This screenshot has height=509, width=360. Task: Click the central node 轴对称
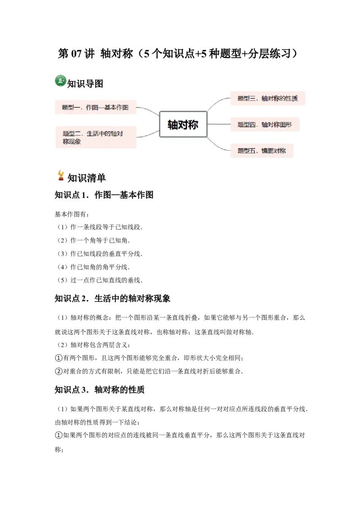click(x=183, y=125)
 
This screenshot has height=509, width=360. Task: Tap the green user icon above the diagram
click(x=61, y=80)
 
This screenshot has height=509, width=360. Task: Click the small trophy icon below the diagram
click(x=61, y=176)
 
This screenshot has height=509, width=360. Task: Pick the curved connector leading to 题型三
click(x=218, y=103)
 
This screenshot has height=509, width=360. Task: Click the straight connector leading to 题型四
click(x=219, y=124)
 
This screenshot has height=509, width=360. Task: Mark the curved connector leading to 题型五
click(x=219, y=145)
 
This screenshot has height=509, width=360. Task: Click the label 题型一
click(x=71, y=107)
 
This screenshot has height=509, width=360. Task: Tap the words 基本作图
click(x=117, y=107)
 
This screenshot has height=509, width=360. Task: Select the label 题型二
click(x=72, y=134)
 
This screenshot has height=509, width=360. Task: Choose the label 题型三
click(x=247, y=98)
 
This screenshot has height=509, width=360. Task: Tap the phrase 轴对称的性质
click(x=279, y=98)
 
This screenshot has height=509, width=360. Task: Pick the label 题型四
click(x=247, y=125)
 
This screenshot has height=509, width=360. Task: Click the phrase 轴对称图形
click(x=276, y=125)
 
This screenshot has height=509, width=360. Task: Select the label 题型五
click(x=247, y=151)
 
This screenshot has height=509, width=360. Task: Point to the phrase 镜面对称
click(x=274, y=151)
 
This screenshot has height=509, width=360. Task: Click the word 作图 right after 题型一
click(x=92, y=107)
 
